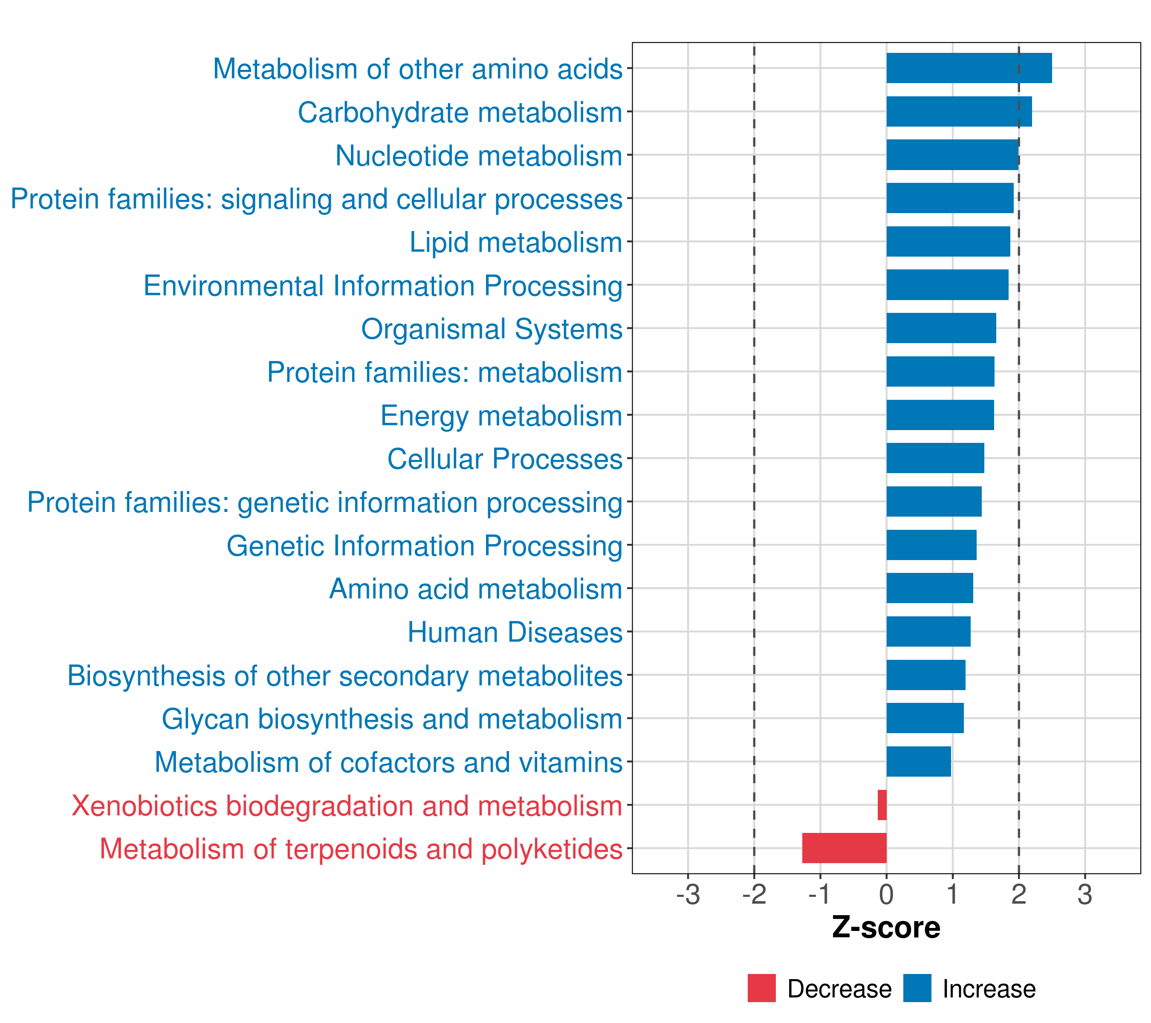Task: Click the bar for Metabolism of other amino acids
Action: tap(969, 68)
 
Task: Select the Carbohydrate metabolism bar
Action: tap(960, 112)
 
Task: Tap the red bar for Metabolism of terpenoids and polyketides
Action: tap(844, 848)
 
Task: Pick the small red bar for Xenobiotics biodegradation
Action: tap(882, 805)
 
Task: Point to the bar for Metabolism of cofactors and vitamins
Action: tap(919, 761)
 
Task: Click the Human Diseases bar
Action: tap(928, 631)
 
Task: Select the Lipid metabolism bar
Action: tap(948, 242)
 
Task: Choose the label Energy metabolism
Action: tap(502, 416)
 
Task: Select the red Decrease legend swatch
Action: tap(762, 988)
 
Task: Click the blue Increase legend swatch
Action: tap(917, 988)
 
